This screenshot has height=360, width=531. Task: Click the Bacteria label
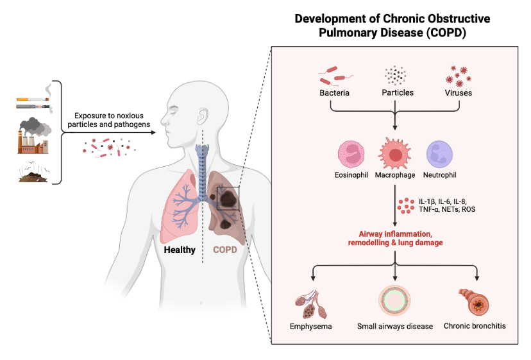(334, 92)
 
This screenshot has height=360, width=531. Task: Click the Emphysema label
(311, 326)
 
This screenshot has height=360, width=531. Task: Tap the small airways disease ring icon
(394, 299)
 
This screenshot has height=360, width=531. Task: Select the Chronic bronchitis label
(475, 326)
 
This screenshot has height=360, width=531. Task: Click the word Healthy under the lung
(179, 250)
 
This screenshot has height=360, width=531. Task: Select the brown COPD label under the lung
(225, 250)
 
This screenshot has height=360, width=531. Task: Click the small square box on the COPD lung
(228, 198)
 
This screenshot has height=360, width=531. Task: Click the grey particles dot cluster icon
(395, 76)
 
